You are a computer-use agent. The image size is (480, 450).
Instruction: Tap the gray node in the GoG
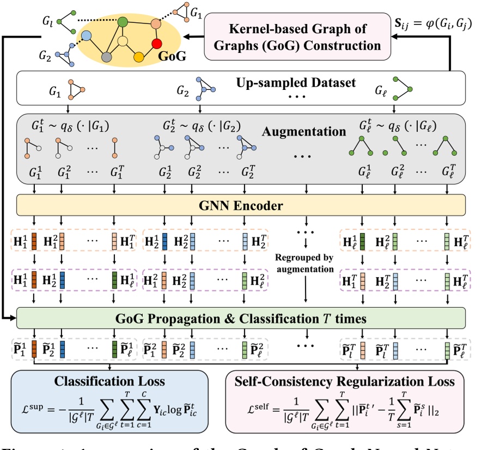[x=107, y=57]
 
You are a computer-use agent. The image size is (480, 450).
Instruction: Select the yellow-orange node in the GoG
[x=139, y=57]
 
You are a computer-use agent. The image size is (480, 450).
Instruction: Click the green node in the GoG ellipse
[x=123, y=22]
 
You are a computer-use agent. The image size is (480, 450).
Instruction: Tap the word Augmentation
[x=305, y=131]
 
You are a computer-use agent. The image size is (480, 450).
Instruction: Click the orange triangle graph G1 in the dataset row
[x=74, y=87]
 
